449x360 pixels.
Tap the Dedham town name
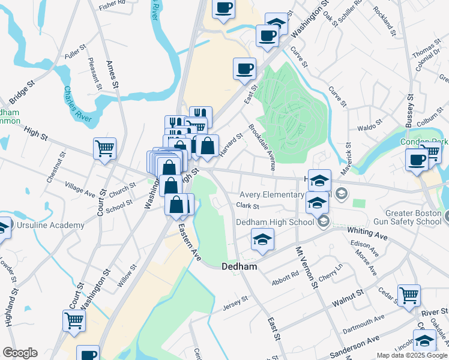click(240, 266)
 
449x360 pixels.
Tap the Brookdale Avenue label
click(262, 147)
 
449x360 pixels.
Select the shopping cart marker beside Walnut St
click(409, 295)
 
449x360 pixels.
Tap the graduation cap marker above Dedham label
click(262, 239)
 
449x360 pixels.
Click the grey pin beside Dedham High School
click(324, 222)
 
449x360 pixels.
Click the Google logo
click(20, 353)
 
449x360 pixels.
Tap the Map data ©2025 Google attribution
click(412, 355)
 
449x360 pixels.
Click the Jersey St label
click(235, 299)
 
